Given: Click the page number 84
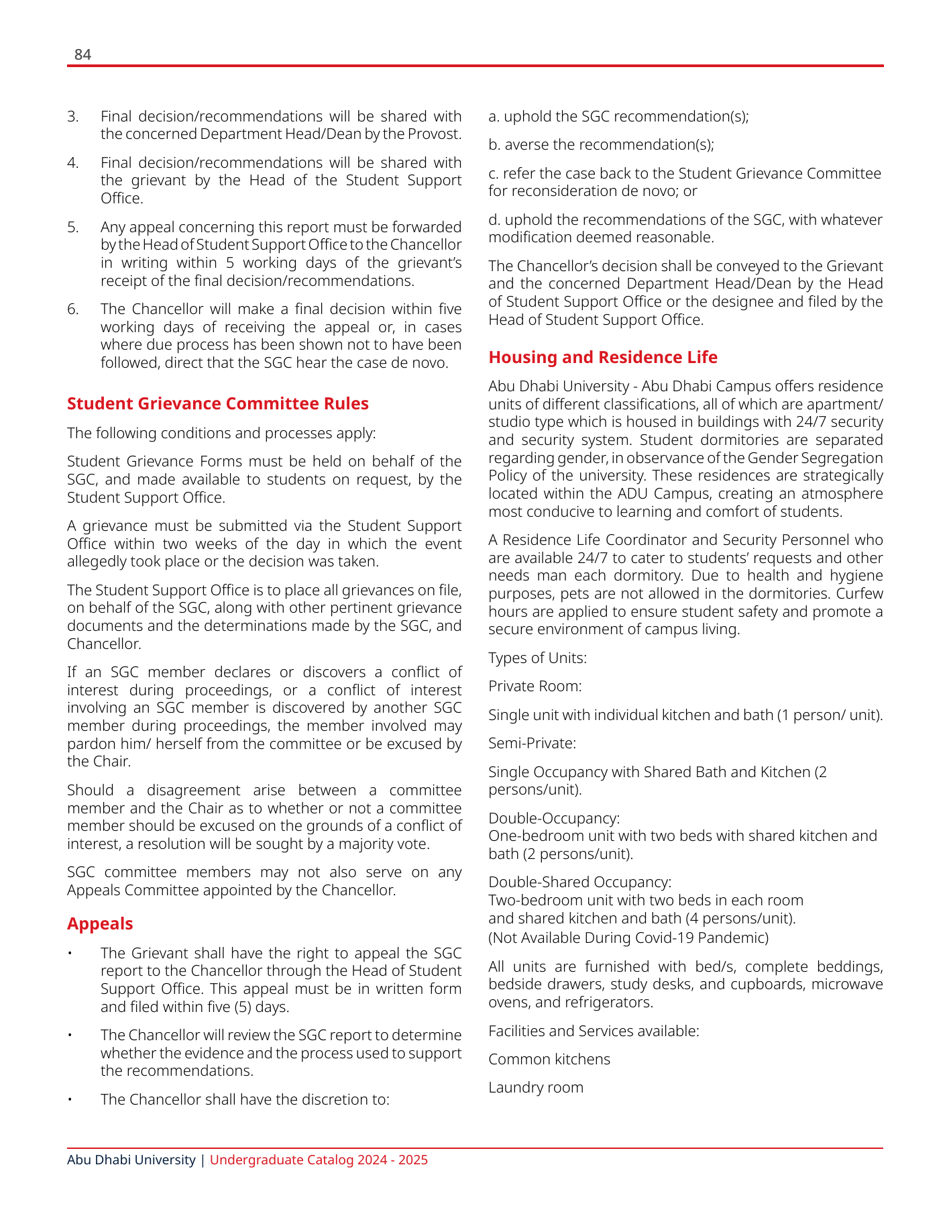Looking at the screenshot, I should [82, 55].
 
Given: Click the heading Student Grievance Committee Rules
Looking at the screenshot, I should [217, 404].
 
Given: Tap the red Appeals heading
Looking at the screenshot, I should [100, 924].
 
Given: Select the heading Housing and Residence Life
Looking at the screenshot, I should [602, 358].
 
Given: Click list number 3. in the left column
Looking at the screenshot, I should [73, 117].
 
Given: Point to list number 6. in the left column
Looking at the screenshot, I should [73, 309].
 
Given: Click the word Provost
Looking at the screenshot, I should [437, 134].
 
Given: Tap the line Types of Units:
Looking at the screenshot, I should [537, 658].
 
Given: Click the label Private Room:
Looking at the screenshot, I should [535, 687].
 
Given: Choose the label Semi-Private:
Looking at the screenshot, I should [532, 744].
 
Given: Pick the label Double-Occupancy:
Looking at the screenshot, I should [553, 819].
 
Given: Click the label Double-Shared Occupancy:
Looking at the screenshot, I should [579, 882].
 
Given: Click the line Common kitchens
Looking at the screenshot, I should [549, 1060].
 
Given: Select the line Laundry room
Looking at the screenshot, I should [535, 1088].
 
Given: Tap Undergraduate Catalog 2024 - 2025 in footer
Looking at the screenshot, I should [319, 1160].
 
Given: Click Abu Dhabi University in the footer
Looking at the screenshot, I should [131, 1160].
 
